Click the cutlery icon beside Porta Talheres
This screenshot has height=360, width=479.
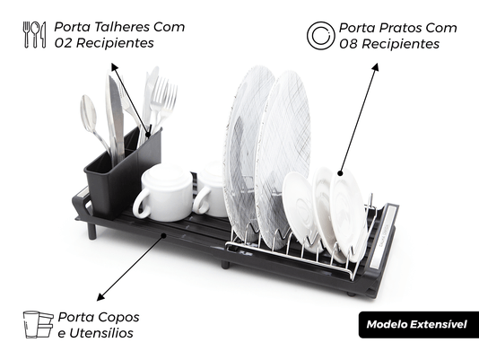[34, 34]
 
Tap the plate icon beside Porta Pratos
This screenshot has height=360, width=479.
[321, 36]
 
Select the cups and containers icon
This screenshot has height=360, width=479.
[38, 324]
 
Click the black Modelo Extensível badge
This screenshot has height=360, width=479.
[419, 324]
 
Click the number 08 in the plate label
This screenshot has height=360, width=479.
[348, 44]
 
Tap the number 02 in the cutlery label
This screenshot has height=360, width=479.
[63, 43]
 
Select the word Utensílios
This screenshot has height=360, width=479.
[100, 333]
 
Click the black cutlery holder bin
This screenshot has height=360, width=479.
[122, 174]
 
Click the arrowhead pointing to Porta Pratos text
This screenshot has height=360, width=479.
[376, 67]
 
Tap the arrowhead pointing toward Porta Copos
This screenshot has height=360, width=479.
[100, 296]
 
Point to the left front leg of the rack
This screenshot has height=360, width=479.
[92, 231]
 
